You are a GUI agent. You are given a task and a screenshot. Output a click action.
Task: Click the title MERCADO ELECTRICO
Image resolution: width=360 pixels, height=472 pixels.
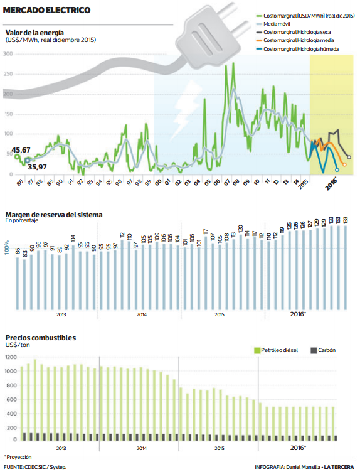(46, 10)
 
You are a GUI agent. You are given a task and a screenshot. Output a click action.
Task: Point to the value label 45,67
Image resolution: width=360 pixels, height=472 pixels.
(21, 150)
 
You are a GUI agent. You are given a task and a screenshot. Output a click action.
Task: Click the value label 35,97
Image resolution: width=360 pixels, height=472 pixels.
(38, 167)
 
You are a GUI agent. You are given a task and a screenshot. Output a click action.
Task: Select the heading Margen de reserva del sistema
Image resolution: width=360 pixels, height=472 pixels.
(53, 215)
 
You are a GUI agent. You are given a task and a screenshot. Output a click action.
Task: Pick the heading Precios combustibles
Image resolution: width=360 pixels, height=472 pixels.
(40, 338)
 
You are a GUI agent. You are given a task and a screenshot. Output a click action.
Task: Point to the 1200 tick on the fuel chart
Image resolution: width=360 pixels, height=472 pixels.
(11, 357)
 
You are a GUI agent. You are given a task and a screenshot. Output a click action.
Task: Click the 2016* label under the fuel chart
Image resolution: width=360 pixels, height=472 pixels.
(297, 448)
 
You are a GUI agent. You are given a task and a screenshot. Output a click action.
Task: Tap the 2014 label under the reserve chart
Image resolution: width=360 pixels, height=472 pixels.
(141, 314)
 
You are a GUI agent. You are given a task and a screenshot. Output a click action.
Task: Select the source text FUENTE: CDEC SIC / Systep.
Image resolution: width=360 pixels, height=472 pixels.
(35, 467)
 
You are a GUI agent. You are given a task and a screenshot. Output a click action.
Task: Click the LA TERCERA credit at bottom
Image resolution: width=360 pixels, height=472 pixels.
(340, 467)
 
